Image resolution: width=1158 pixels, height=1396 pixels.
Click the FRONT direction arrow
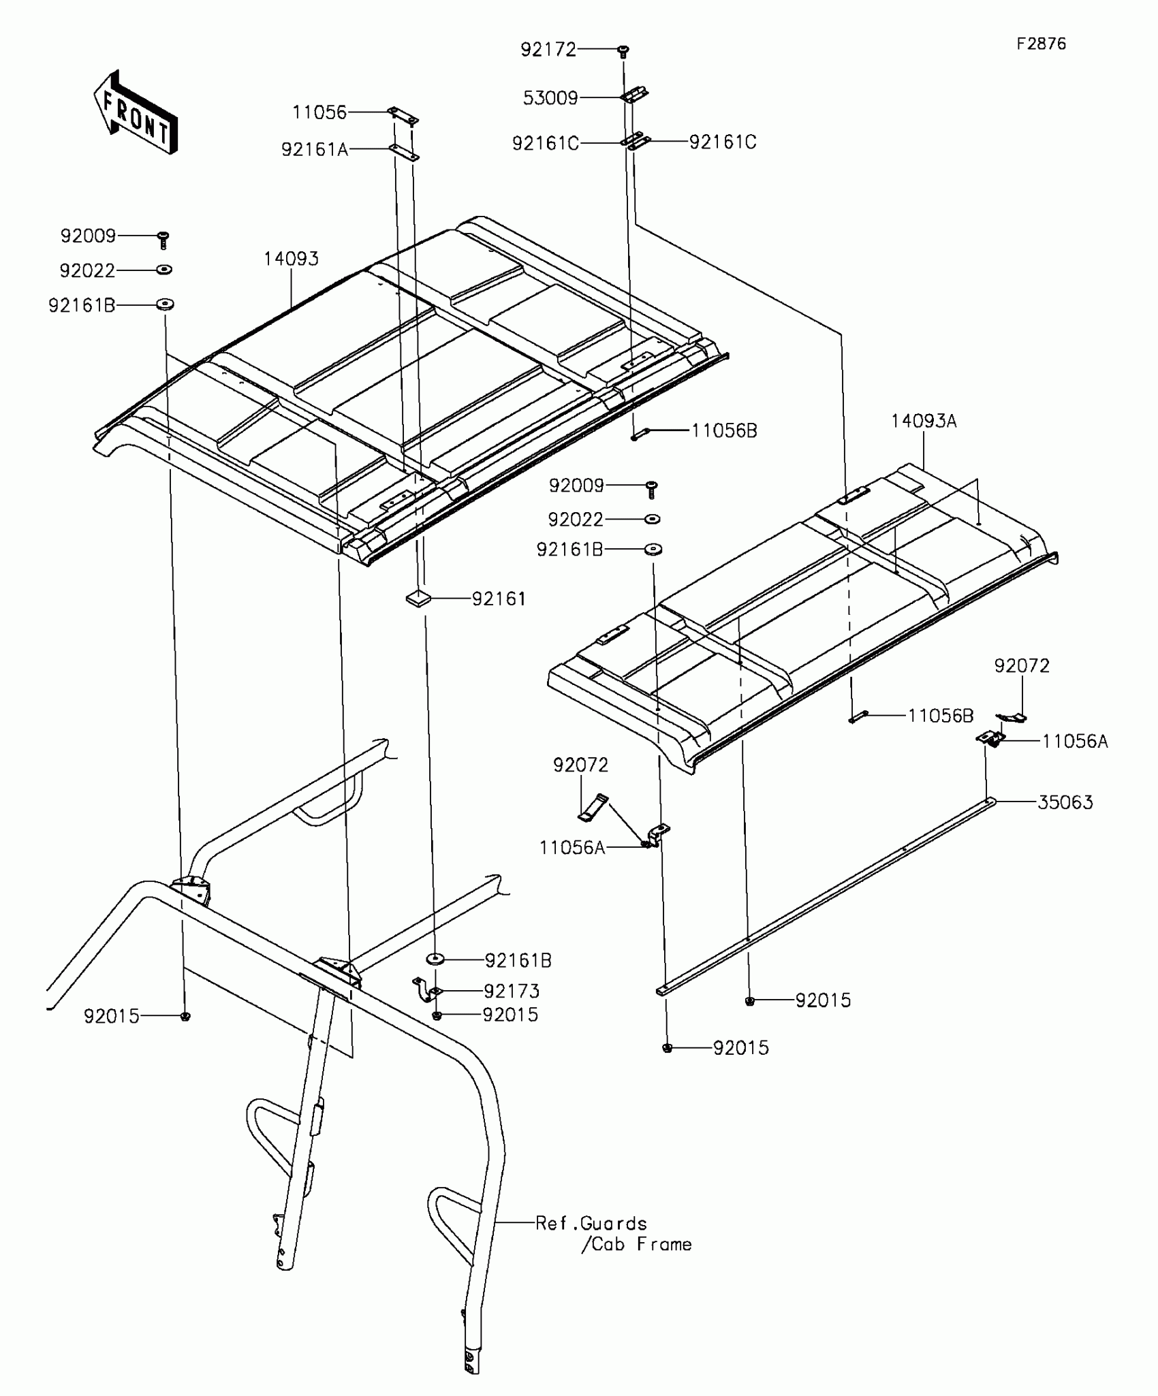(135, 113)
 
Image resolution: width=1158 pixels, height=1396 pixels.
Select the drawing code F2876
(1042, 44)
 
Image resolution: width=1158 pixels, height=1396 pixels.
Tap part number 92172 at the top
(548, 50)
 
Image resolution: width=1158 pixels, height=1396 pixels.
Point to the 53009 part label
(550, 98)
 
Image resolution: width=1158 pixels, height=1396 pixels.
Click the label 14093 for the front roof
(292, 259)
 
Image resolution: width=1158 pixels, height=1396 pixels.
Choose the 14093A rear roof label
(924, 422)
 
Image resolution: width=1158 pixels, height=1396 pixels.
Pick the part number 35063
(1065, 802)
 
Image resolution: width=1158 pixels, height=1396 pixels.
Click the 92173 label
(512, 991)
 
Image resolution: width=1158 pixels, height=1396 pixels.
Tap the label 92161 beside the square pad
(499, 599)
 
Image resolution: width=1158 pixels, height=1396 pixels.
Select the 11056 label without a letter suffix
(319, 112)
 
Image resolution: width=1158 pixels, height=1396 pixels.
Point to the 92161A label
(315, 149)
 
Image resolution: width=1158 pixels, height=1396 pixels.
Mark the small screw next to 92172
(623, 51)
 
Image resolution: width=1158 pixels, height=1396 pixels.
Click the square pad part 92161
(418, 599)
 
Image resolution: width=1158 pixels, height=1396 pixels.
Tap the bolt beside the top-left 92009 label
(163, 240)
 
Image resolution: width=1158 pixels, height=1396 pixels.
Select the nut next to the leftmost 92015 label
(185, 1016)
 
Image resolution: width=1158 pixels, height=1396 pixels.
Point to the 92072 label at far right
(1022, 665)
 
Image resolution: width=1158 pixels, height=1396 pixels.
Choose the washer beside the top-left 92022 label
(164, 270)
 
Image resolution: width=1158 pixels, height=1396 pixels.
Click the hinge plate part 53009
(634, 95)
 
